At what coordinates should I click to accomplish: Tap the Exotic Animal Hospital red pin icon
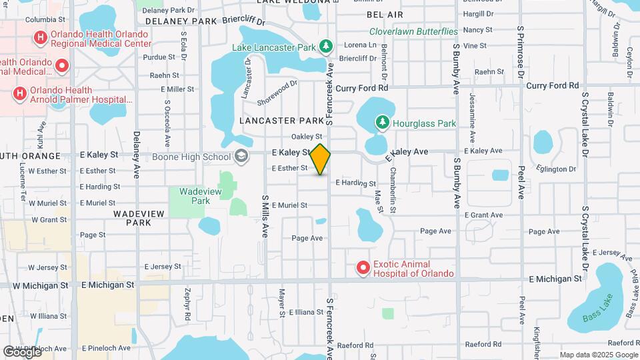363,268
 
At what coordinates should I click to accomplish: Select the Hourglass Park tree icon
382,123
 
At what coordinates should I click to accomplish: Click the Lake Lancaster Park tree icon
326,47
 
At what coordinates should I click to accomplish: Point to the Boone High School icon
241,157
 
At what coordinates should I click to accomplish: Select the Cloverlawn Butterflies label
413,31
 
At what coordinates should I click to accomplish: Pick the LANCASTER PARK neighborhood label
282,121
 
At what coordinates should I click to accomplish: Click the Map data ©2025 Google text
598,355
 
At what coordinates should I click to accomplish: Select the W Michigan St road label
39,285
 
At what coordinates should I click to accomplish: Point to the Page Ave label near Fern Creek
307,238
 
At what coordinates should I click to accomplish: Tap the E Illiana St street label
305,311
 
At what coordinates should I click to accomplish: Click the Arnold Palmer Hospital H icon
19,93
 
